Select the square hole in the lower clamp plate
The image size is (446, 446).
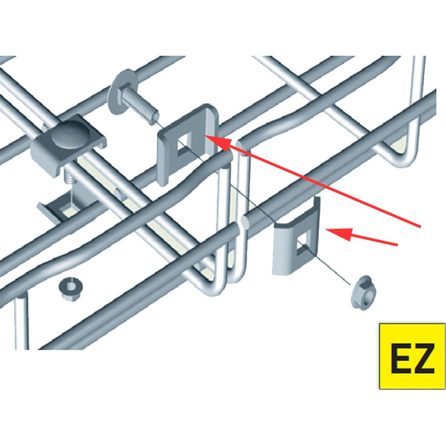point(303,243)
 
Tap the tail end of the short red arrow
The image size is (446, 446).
point(396,244)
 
